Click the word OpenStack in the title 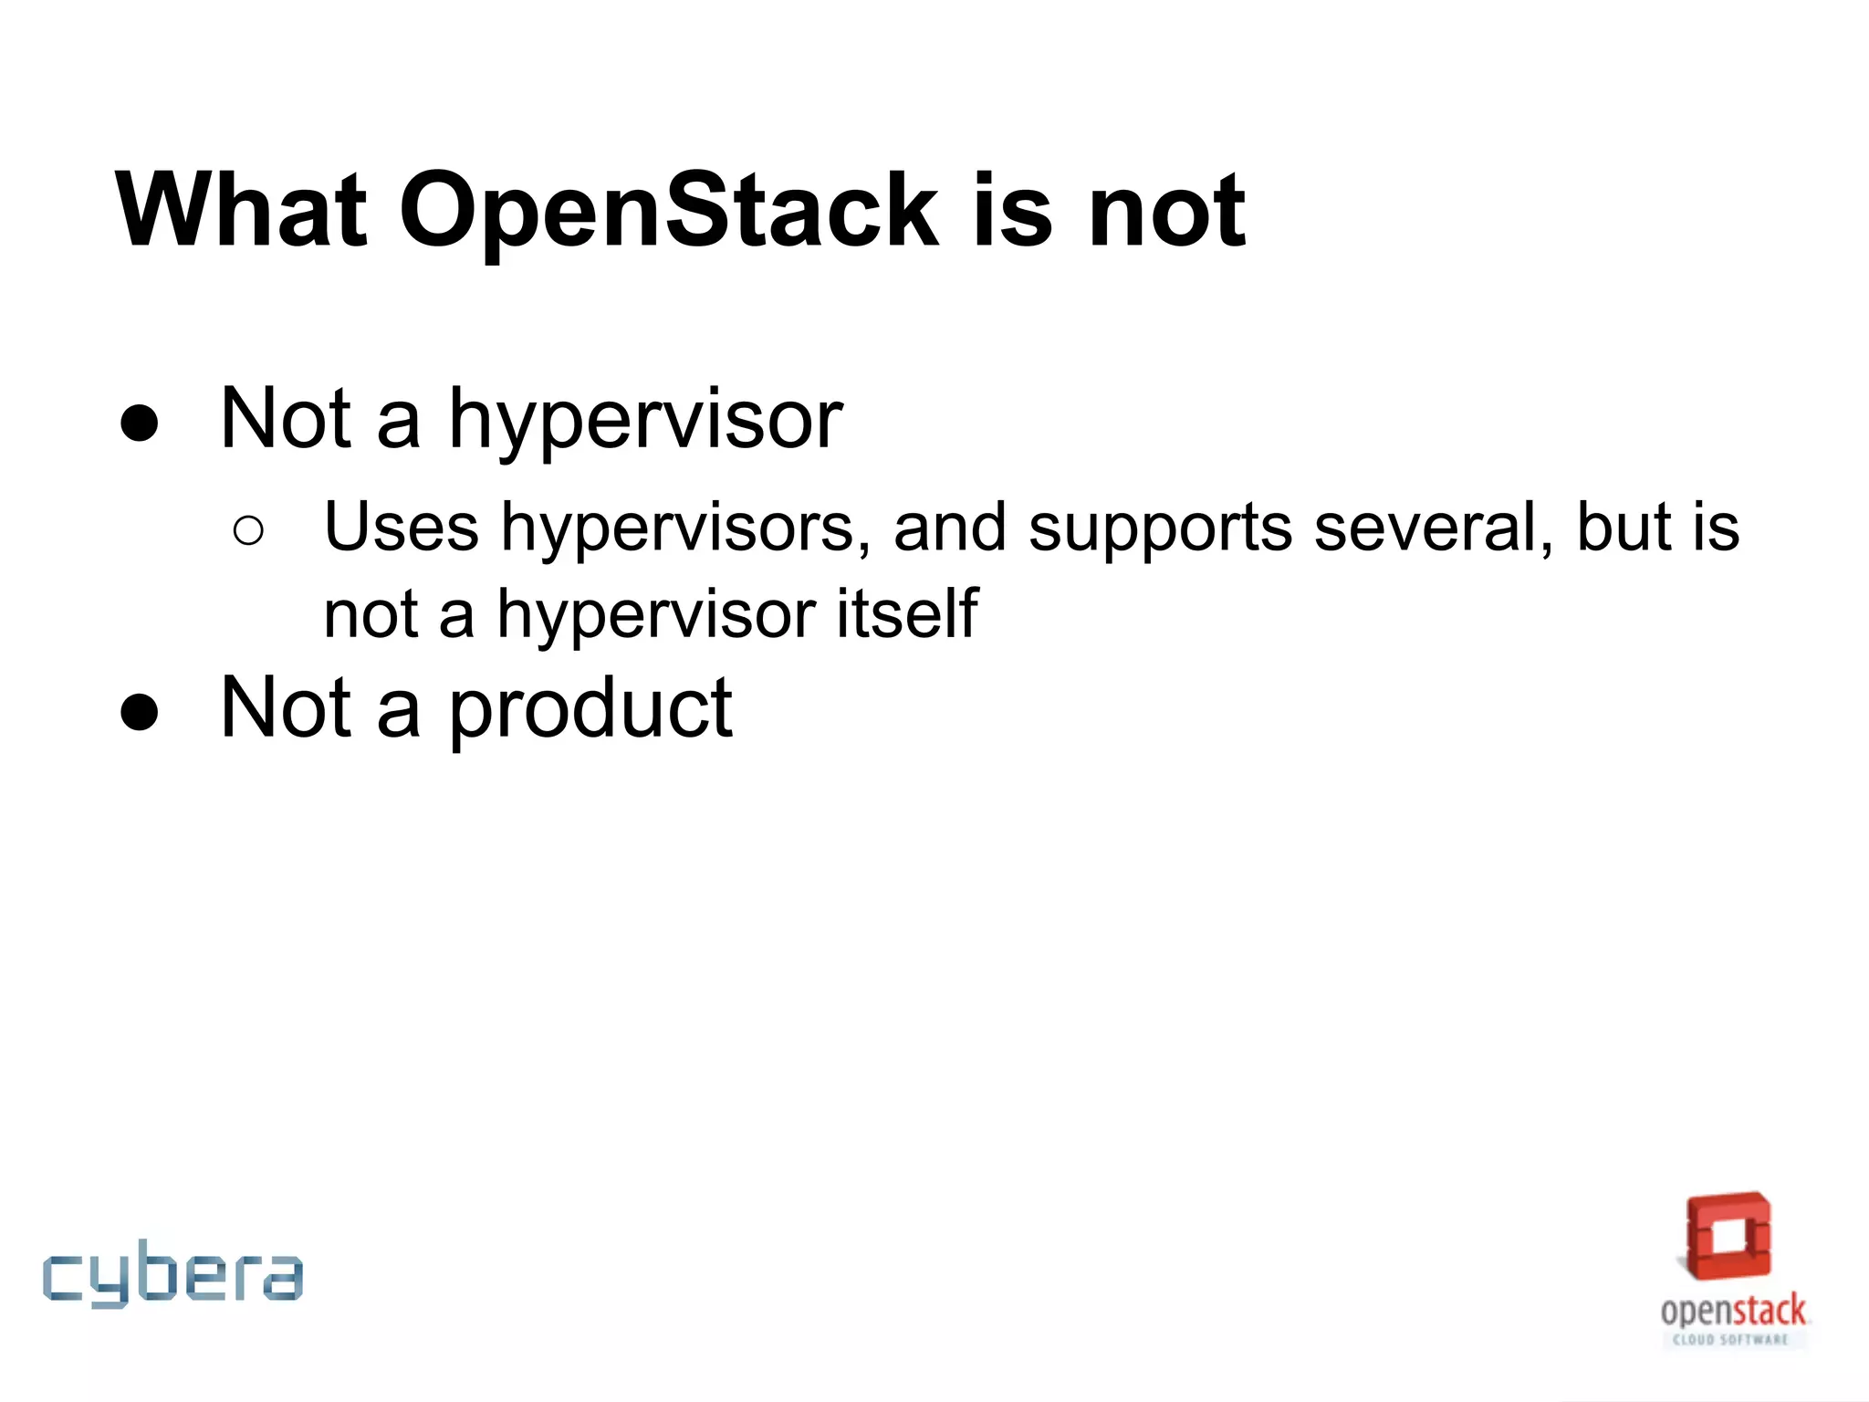point(669,212)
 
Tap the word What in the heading point(241,212)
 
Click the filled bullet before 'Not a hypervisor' point(140,423)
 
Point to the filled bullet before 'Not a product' point(140,711)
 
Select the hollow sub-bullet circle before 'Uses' point(248,530)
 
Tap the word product point(590,710)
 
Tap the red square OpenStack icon point(1728,1236)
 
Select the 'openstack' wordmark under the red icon point(1732,1311)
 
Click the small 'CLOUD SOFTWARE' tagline point(1729,1340)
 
